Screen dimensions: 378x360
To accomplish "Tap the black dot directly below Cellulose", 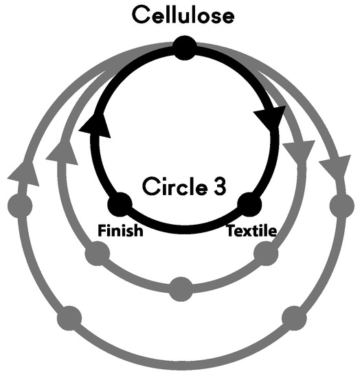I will pos(183,47).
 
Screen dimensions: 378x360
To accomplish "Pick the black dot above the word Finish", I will pos(120,205).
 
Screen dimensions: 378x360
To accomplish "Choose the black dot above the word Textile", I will pos(249,205).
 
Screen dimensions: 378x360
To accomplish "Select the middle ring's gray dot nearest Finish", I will pos(96,254).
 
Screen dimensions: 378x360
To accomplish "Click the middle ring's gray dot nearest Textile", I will pos(265,254).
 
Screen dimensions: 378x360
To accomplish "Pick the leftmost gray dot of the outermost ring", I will pos(19,204).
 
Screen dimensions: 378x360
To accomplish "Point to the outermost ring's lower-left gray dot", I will pos(69,318).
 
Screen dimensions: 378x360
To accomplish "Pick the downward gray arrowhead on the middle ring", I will pos(302,151).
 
